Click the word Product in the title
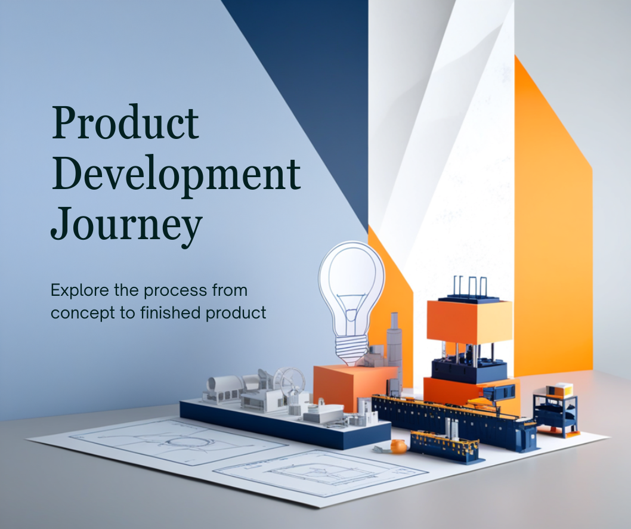click(125, 123)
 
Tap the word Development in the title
click(176, 175)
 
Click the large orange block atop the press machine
click(469, 321)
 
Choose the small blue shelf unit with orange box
click(555, 409)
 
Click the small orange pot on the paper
click(398, 445)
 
